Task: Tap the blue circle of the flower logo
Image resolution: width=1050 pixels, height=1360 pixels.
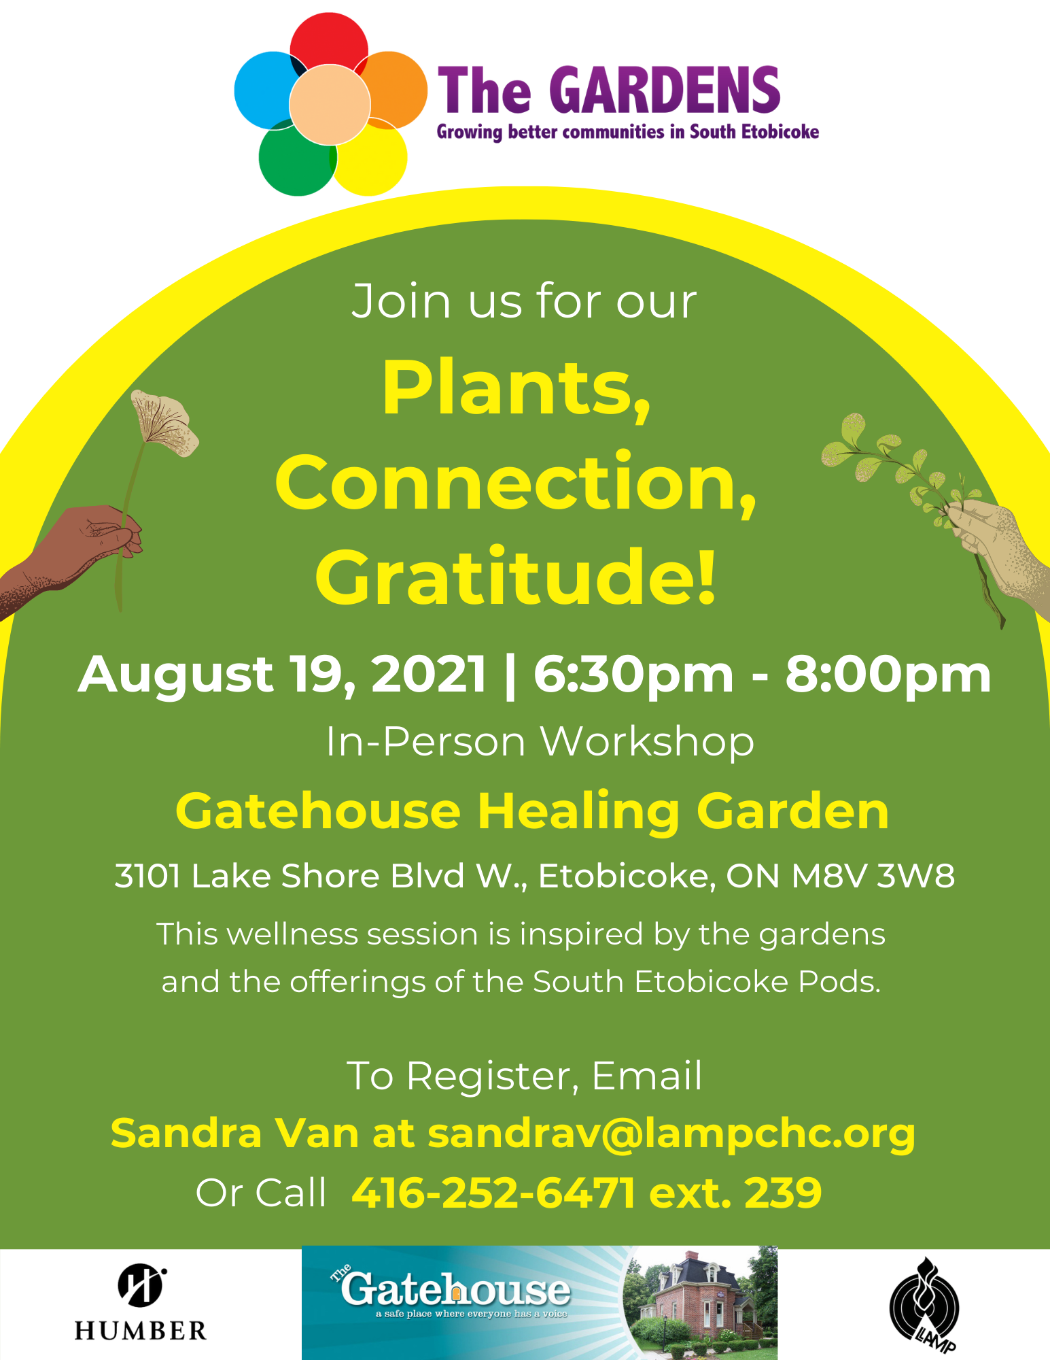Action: click(x=265, y=88)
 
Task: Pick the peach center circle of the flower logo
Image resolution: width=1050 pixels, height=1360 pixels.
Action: click(x=330, y=105)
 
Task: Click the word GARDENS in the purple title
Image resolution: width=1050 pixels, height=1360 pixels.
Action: click(x=669, y=90)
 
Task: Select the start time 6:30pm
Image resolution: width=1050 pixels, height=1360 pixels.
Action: click(x=633, y=675)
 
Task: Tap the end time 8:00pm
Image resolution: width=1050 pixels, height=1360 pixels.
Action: click(x=888, y=675)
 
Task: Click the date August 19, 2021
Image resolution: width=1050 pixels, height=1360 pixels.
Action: click(x=283, y=675)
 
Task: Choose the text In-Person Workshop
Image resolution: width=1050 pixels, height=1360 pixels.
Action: click(x=540, y=741)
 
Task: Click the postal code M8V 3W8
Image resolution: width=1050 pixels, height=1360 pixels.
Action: click(x=873, y=876)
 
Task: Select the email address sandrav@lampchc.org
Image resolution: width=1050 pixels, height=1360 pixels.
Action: click(x=671, y=1134)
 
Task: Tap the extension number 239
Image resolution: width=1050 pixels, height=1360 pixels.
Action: click(x=783, y=1193)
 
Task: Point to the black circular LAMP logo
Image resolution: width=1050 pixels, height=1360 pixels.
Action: click(x=924, y=1306)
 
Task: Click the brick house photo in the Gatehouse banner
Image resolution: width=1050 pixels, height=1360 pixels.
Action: click(x=700, y=1303)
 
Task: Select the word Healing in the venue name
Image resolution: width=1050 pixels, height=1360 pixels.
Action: click(x=578, y=812)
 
